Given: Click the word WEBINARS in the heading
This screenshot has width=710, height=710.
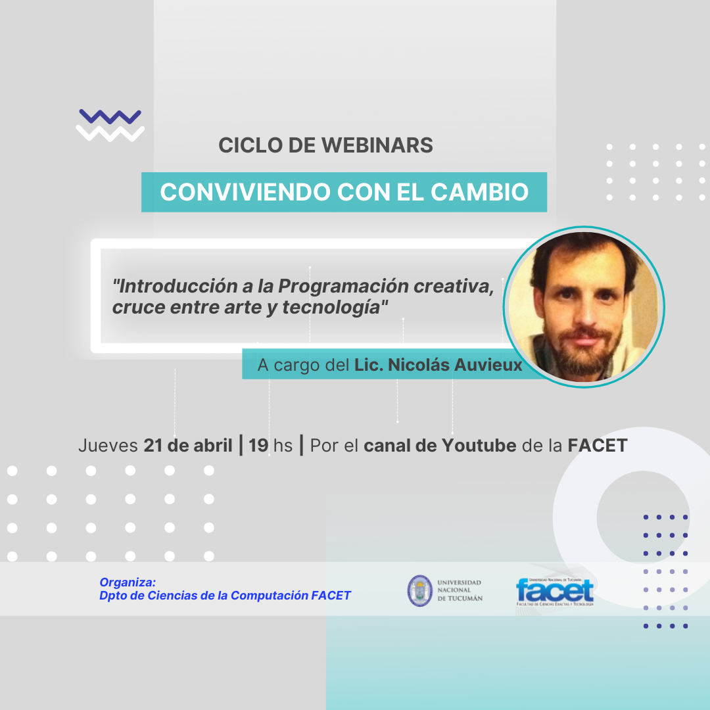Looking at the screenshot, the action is pos(377,145).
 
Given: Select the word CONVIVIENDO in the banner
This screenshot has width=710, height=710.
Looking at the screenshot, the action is pos(245,192).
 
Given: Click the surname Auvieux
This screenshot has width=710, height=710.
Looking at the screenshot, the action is pos(488,365).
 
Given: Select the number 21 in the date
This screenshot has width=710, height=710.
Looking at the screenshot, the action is pos(153,446).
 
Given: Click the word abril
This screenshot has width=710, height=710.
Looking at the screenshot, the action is pos(213,446).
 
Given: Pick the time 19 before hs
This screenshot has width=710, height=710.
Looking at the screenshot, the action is pos(258,446).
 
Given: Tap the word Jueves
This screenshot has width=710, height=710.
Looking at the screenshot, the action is pos(108,446).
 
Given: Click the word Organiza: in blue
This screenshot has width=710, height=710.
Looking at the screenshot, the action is pos(128,582).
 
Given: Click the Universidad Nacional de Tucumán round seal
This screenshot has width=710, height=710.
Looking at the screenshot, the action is pos(419,590).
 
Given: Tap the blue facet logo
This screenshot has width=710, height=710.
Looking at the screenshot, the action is pos(555,592).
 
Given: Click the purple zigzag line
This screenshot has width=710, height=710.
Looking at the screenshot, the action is pos(110,117).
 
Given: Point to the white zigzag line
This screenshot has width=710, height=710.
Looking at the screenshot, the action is pos(110,133).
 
